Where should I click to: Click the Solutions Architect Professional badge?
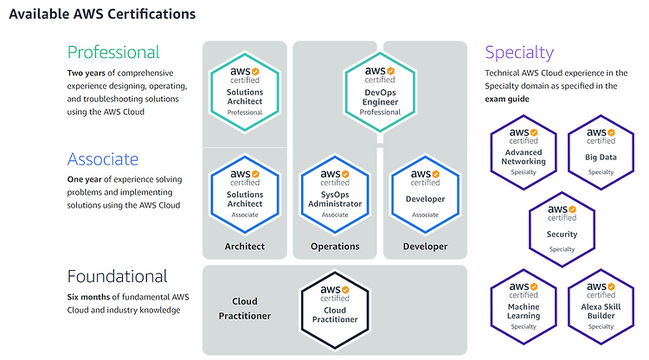[x=245, y=93]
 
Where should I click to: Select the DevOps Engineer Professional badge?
[x=380, y=93]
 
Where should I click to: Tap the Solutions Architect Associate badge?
[x=245, y=195]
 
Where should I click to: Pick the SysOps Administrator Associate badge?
[x=335, y=195]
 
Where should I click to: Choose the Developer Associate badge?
[x=425, y=195]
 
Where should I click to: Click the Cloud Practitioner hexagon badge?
[x=335, y=311]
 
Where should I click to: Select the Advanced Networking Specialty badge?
[x=524, y=152]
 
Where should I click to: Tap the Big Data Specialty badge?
[x=601, y=152]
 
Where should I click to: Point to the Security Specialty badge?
[x=562, y=229]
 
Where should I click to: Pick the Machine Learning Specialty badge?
[x=524, y=306]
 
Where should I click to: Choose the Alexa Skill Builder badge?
[x=601, y=306]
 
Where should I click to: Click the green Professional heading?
[x=113, y=53]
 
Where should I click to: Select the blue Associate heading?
[x=103, y=159]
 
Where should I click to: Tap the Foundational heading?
[x=118, y=276]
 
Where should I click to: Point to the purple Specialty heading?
[x=519, y=53]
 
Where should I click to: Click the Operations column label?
[x=335, y=247]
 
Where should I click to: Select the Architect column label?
[x=245, y=247]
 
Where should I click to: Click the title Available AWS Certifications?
[x=102, y=14]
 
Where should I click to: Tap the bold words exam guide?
[x=507, y=99]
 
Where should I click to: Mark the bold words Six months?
[x=88, y=297]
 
